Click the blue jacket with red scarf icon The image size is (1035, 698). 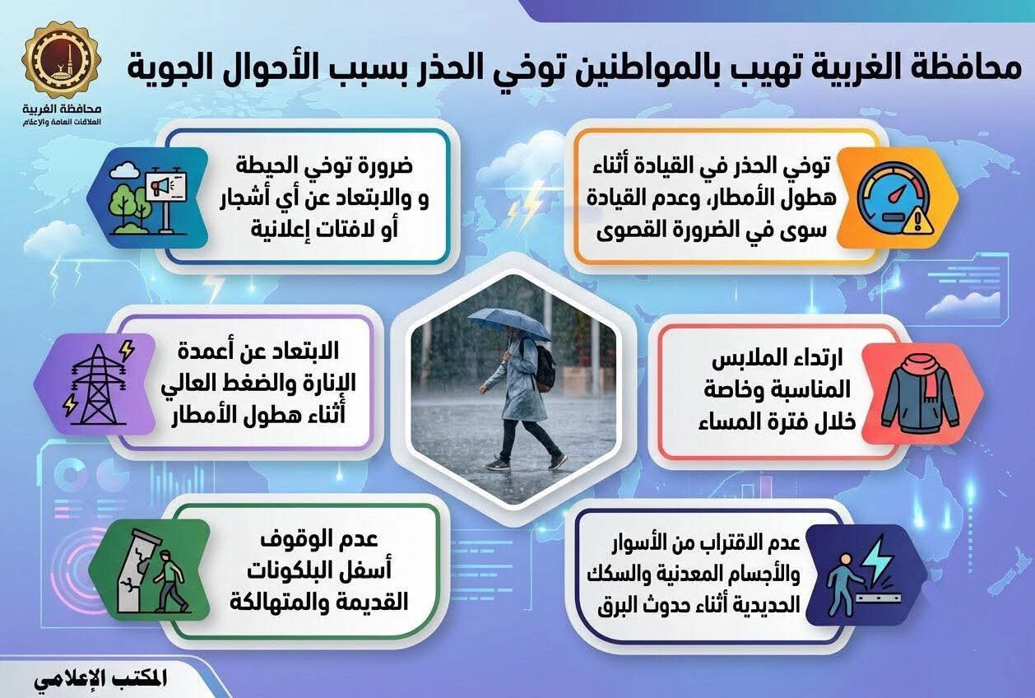tap(921, 393)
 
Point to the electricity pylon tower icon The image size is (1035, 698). tap(97, 384)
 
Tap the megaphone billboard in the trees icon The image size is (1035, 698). tap(148, 198)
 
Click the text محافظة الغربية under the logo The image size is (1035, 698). tap(62, 110)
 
